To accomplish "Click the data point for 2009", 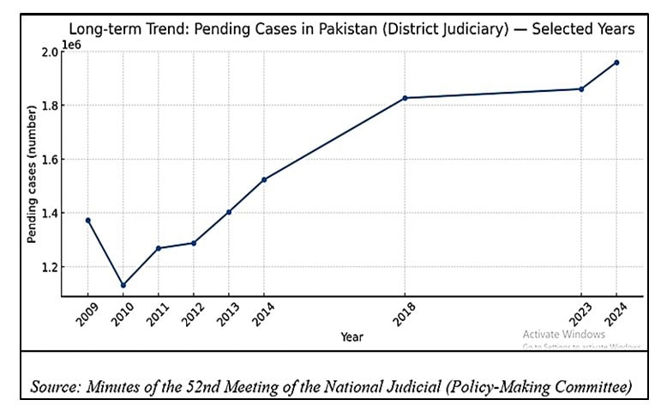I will (x=88, y=221).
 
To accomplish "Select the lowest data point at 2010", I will (x=123, y=285).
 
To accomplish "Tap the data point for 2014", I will (x=264, y=179).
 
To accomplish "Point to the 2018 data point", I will (x=405, y=98).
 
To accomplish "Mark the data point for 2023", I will (x=581, y=89).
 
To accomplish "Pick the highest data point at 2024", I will (x=616, y=63).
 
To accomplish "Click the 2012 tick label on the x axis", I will (x=191, y=317).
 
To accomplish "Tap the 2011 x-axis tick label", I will (x=156, y=317).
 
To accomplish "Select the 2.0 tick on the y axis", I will (x=48, y=52).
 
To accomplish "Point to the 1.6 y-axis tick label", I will (x=48, y=160).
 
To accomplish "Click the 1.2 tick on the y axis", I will (x=48, y=267).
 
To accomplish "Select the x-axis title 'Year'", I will (x=352, y=336).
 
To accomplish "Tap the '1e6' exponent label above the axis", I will (x=72, y=41).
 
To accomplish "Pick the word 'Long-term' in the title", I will (x=105, y=29).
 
